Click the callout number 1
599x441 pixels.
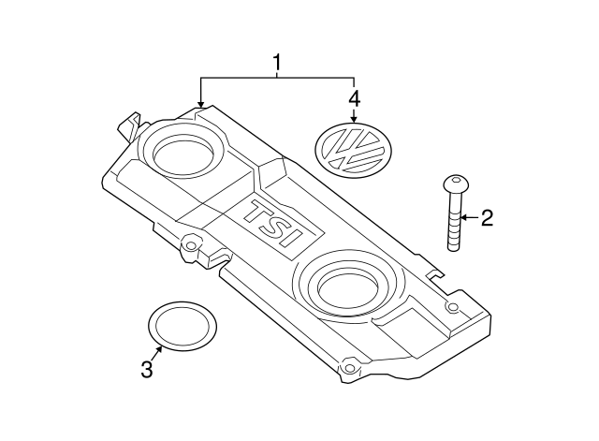(x=277, y=63)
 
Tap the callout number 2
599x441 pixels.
(x=487, y=220)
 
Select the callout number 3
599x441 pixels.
(x=146, y=370)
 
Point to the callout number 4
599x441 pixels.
(x=354, y=96)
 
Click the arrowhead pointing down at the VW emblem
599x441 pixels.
(x=354, y=119)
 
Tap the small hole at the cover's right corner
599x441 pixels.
(x=452, y=307)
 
